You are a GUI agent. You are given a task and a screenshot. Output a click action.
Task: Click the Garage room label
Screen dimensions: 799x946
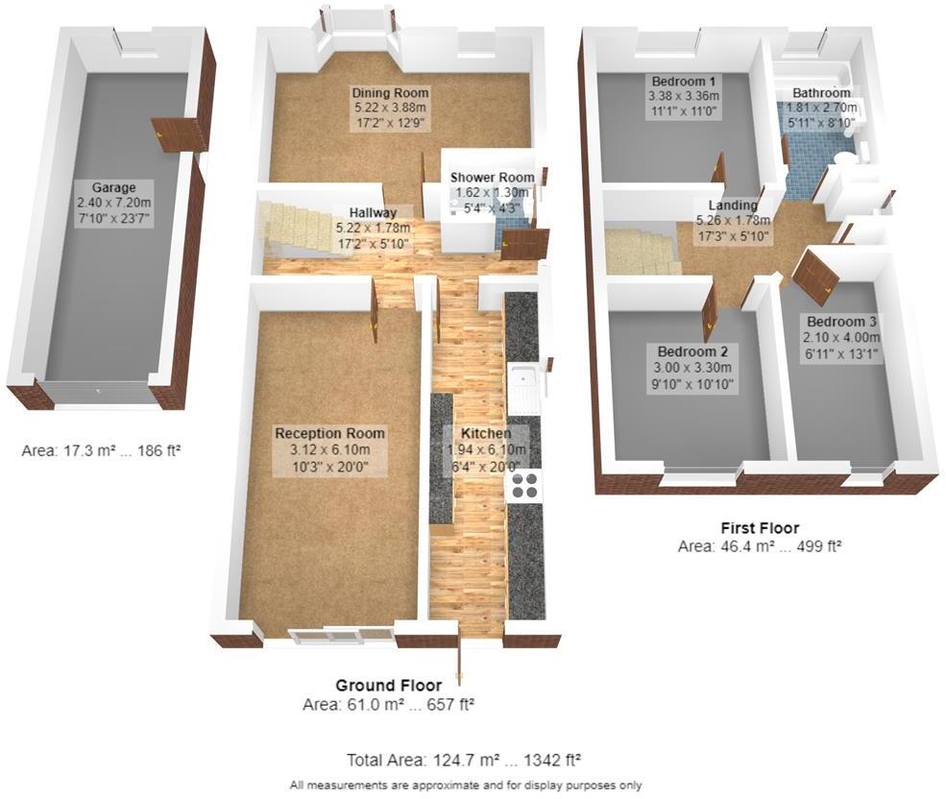(x=114, y=187)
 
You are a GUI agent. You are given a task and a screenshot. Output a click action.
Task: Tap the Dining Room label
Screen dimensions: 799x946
(x=389, y=93)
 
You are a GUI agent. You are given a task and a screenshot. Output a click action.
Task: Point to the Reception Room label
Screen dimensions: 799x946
(x=329, y=433)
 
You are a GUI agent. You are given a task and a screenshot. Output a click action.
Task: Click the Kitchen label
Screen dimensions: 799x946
(x=477, y=433)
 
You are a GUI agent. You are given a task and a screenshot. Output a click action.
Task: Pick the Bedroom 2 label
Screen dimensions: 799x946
(x=677, y=351)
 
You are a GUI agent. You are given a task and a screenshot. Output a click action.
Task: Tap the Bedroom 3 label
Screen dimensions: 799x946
(x=842, y=322)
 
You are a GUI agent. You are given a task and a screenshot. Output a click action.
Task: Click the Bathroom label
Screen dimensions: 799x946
(x=821, y=93)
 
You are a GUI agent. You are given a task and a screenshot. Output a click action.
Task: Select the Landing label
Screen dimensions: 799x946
(x=733, y=206)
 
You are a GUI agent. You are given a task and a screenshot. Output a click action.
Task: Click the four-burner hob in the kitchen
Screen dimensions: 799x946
(x=524, y=485)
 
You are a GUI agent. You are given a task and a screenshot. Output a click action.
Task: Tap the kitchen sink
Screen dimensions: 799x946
(x=523, y=384)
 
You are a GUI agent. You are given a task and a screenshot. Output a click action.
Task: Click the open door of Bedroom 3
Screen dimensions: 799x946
(x=815, y=271)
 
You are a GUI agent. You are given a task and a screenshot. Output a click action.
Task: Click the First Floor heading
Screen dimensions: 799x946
(x=760, y=528)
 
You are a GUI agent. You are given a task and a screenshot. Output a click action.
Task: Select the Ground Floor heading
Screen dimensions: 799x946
(x=388, y=686)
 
